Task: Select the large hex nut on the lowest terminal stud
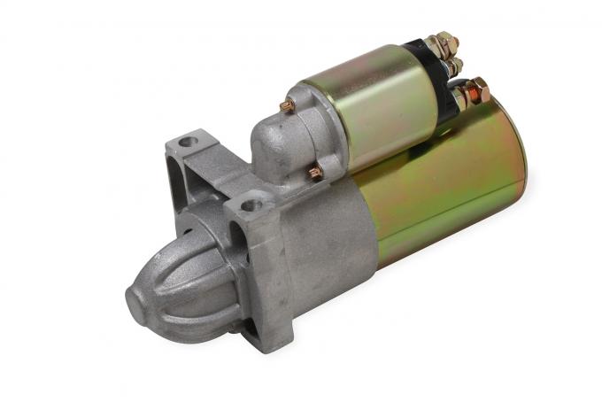click(478, 89)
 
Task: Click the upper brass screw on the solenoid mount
click(288, 106)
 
